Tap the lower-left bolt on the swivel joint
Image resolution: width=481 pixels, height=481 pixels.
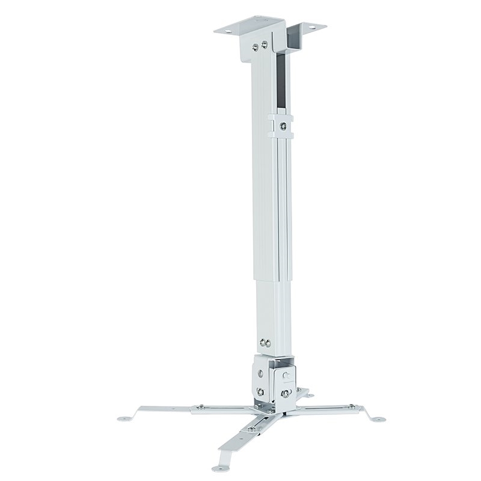point(260,394)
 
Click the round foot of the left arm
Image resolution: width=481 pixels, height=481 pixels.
point(124,415)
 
